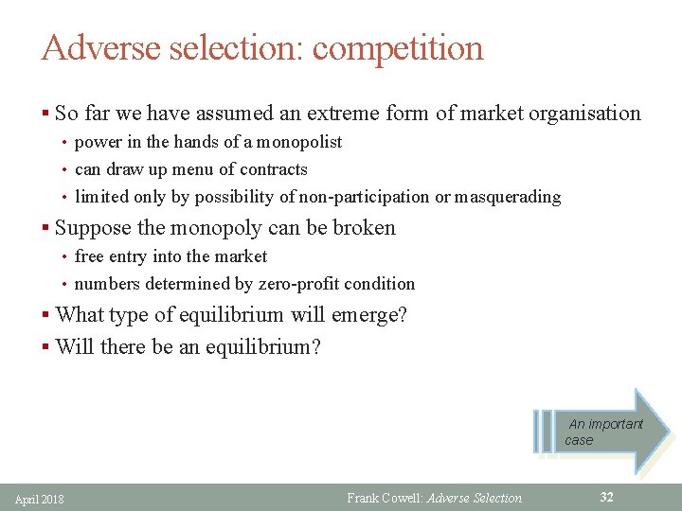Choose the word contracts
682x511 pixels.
click(272, 169)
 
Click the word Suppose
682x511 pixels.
click(90, 228)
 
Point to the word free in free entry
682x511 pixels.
click(89, 256)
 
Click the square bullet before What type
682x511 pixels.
click(45, 315)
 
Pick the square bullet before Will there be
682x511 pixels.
click(45, 347)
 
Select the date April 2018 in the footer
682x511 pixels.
click(40, 499)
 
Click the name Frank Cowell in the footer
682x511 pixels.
click(386, 498)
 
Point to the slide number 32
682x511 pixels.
click(606, 497)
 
